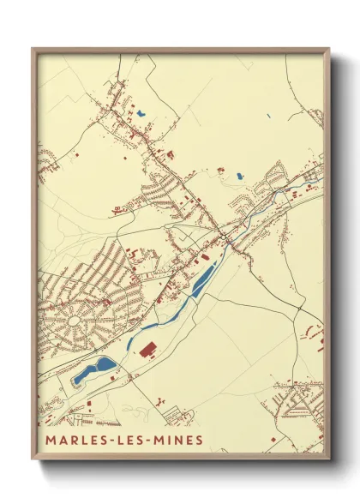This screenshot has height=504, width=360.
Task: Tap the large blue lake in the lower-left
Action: point(94,369)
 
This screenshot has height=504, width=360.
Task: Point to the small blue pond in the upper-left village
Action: point(140,112)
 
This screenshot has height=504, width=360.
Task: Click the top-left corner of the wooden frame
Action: point(33,49)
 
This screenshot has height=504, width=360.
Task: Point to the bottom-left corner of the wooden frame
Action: point(33,458)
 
